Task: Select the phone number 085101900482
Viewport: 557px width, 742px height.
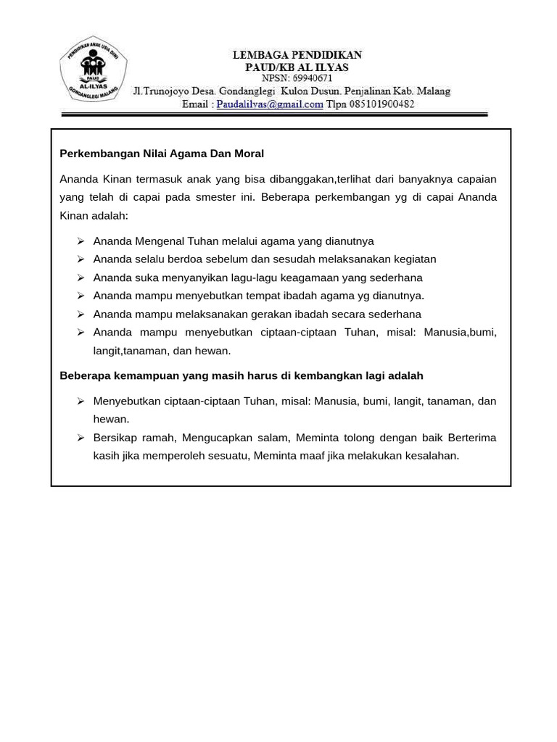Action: [381, 104]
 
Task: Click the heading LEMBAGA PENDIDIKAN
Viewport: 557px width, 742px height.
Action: [297, 55]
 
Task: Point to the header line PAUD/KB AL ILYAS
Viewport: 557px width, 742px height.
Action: [297, 67]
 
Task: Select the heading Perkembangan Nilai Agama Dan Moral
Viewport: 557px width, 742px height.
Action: [162, 154]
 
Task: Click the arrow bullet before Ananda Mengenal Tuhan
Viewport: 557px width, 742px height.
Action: [81, 241]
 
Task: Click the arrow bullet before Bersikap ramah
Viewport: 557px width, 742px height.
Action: [81, 438]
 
